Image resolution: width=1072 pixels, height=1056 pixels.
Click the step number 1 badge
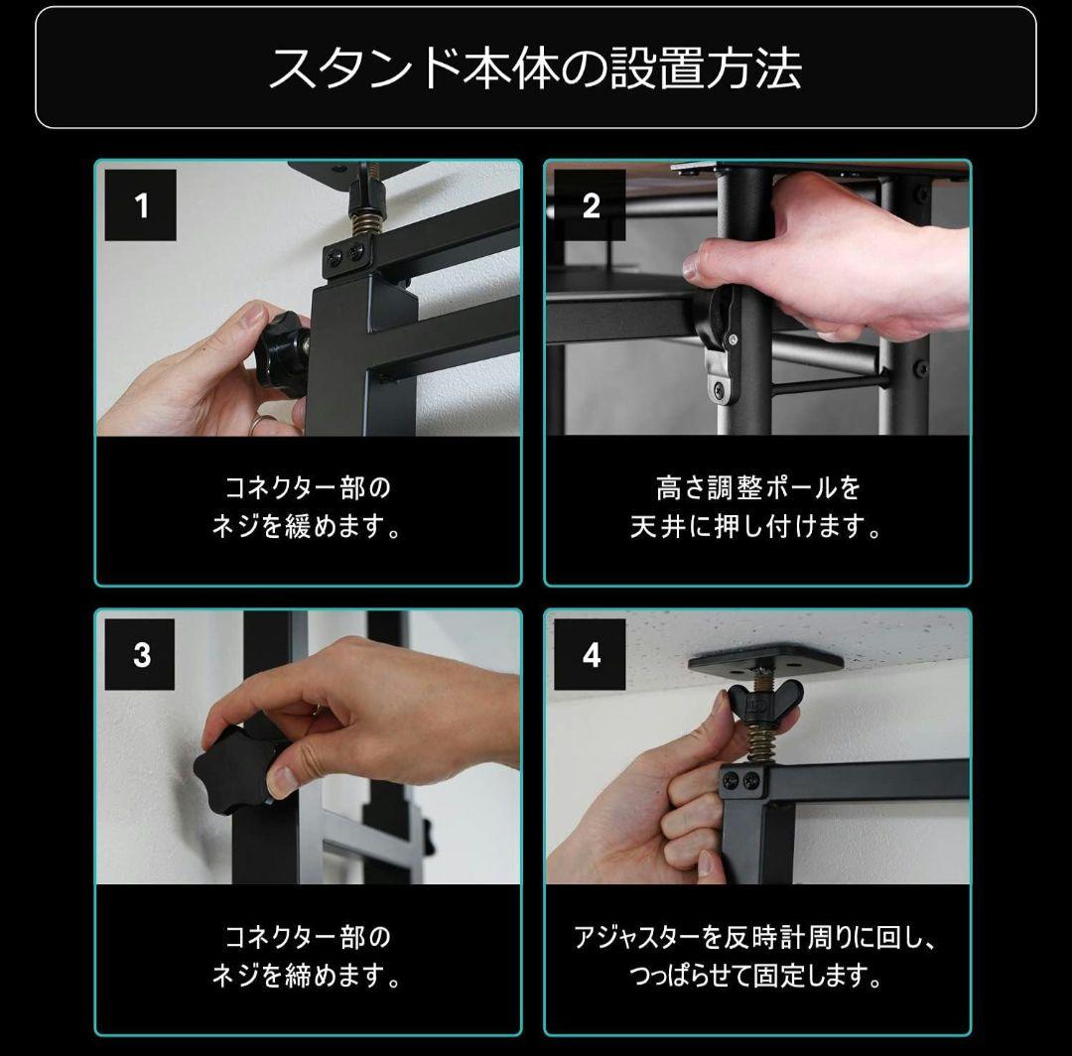click(x=141, y=205)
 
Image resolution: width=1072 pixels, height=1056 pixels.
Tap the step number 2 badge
click(x=591, y=205)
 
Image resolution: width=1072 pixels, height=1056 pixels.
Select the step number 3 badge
click(x=141, y=655)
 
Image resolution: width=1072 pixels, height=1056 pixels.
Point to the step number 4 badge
click(x=591, y=655)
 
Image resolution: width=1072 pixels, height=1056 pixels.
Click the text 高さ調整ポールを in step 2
click(x=757, y=488)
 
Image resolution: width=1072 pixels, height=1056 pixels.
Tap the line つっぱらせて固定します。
click(x=757, y=977)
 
